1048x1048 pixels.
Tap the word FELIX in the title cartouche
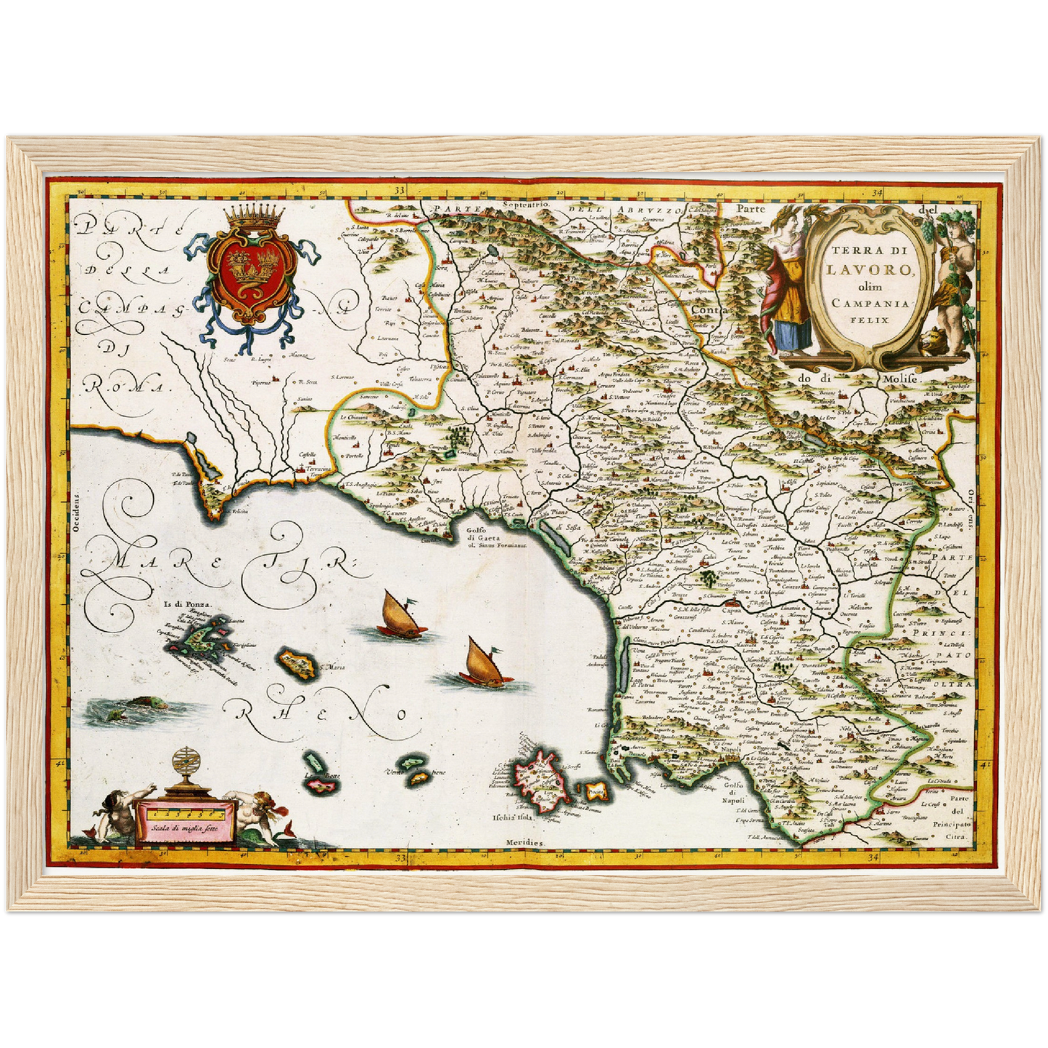pos(866,319)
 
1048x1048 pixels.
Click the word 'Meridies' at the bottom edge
pos(526,843)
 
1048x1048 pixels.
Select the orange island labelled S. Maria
pos(297,662)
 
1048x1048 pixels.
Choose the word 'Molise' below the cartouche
pos(900,379)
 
